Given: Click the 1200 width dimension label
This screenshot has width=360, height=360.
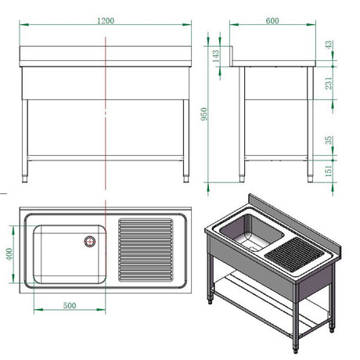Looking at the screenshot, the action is pyautogui.click(x=106, y=20).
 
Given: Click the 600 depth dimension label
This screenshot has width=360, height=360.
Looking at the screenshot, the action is pyautogui.click(x=272, y=20).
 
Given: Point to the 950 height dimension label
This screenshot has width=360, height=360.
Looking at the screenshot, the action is pyautogui.click(x=204, y=113).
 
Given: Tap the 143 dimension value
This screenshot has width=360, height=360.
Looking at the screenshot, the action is pyautogui.click(x=216, y=56).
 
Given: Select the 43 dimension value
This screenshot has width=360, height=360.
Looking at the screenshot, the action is pyautogui.click(x=329, y=45).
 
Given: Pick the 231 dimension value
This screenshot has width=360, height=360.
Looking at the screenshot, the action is pyautogui.click(x=329, y=83).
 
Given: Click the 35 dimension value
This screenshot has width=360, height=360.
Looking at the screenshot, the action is pyautogui.click(x=329, y=140).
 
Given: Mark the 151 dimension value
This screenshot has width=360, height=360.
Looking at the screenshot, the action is pyautogui.click(x=329, y=171).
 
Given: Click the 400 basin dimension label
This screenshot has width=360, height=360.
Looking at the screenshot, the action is pyautogui.click(x=9, y=254).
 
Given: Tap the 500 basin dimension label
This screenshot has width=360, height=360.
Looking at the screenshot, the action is pyautogui.click(x=70, y=305).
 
